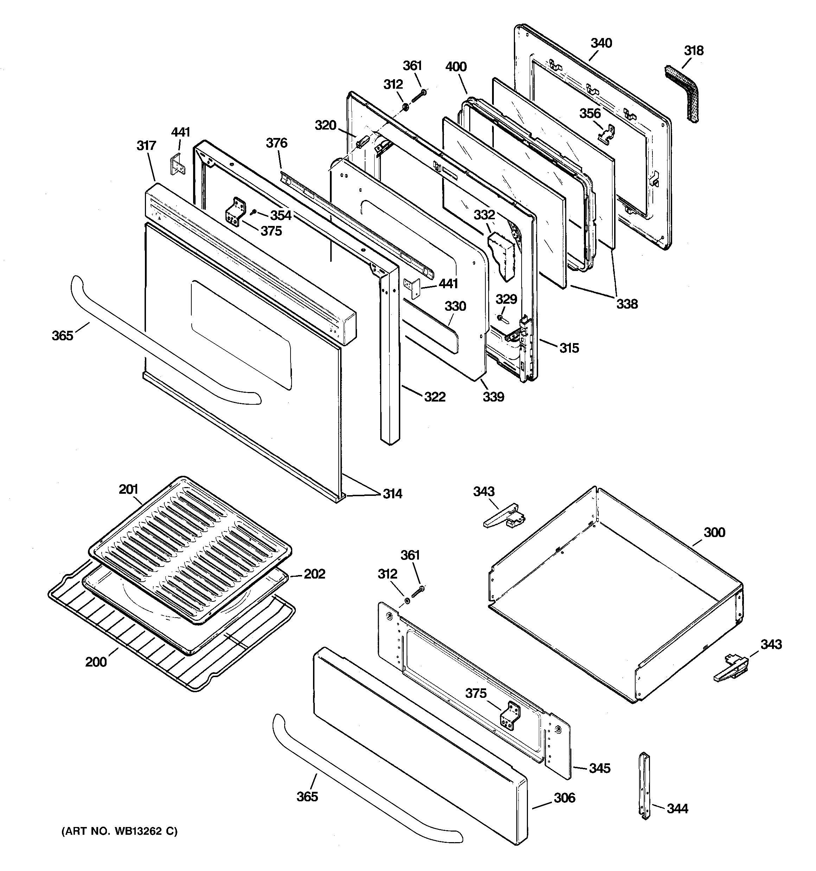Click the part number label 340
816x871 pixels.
click(x=601, y=43)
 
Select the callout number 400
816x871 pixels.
click(x=456, y=67)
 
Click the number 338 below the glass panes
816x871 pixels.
click(x=627, y=304)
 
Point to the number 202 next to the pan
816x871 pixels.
click(x=314, y=574)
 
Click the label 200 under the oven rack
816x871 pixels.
click(x=96, y=661)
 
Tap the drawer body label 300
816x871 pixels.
click(x=714, y=532)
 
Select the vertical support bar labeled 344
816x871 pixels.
click(x=644, y=785)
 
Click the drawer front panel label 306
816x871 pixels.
click(x=564, y=798)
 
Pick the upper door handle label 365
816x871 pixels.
click(x=62, y=336)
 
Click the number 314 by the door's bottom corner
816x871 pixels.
click(x=392, y=494)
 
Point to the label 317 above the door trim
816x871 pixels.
click(x=146, y=145)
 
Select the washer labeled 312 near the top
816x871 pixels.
click(x=406, y=107)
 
